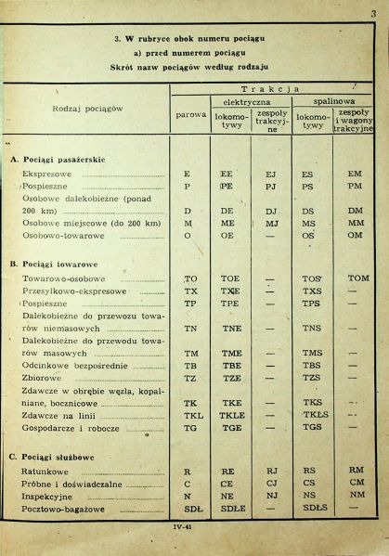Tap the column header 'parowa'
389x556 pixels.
191,114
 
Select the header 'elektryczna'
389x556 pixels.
246,100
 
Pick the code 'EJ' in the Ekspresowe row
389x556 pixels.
271,174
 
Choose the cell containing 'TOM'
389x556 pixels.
357,278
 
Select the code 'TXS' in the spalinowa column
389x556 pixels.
312,291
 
